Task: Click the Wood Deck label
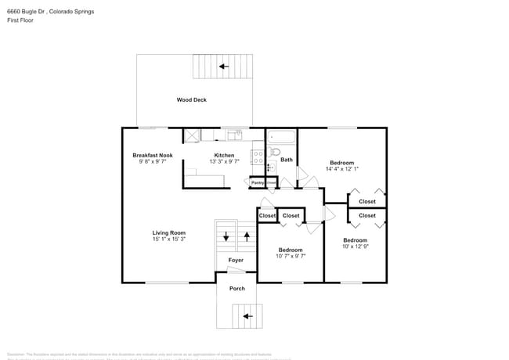[x=191, y=99]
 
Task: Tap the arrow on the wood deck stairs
[x=224, y=67]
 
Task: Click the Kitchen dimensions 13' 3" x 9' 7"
[x=224, y=162]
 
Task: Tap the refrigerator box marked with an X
[x=191, y=136]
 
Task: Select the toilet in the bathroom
[x=275, y=152]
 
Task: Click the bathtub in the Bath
[x=281, y=137]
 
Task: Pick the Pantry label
[x=257, y=182]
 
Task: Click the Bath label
[x=287, y=160]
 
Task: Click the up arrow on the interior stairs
[x=247, y=234]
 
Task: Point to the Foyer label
[x=236, y=260]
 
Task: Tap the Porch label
[x=236, y=288]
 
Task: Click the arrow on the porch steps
[x=247, y=316]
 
